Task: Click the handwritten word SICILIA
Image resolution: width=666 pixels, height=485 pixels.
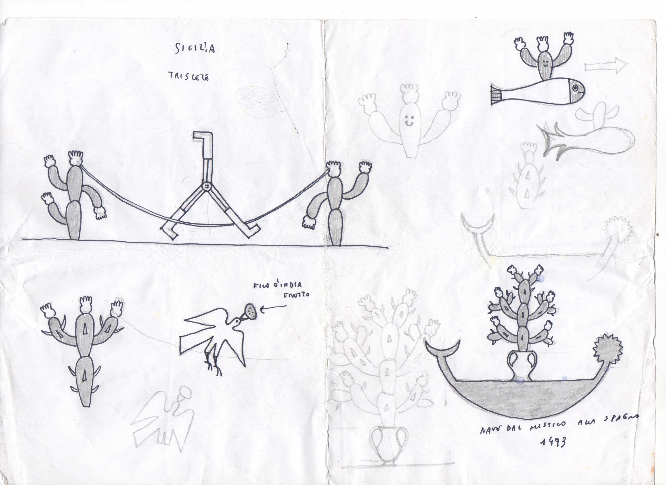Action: pos(195,49)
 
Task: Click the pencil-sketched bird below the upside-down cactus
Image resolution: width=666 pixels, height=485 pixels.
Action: pos(164,418)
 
